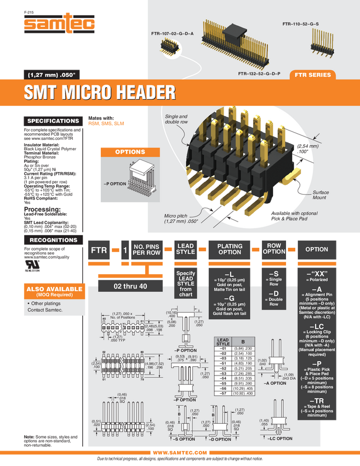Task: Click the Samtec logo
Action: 60,24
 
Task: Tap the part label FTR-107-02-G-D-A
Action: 173,34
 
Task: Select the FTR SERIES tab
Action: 312,75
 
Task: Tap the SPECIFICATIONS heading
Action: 53,121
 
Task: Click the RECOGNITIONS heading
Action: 53,240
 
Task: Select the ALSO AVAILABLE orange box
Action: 53,291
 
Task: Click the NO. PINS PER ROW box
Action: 147,249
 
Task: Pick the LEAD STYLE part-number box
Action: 186,249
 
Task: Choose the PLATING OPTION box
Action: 230,249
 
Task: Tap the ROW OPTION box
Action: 274,249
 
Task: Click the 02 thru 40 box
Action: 130,286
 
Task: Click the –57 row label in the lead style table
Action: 223,394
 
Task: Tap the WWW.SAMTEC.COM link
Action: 180,452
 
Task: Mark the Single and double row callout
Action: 176,120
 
